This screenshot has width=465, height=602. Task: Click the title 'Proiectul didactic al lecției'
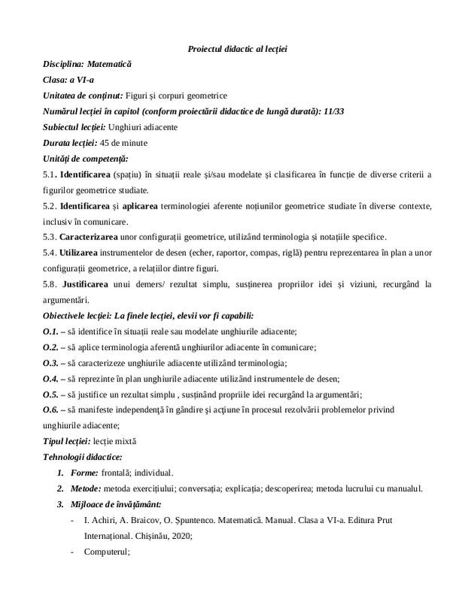pyautogui.click(x=236, y=49)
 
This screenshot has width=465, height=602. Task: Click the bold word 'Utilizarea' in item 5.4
pyautogui.click(x=80, y=252)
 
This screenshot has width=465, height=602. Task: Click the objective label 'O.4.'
pyautogui.click(x=51, y=378)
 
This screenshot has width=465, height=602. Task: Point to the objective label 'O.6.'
pyautogui.click(x=51, y=409)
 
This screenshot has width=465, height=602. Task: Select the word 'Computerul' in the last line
pyautogui.click(x=106, y=552)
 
